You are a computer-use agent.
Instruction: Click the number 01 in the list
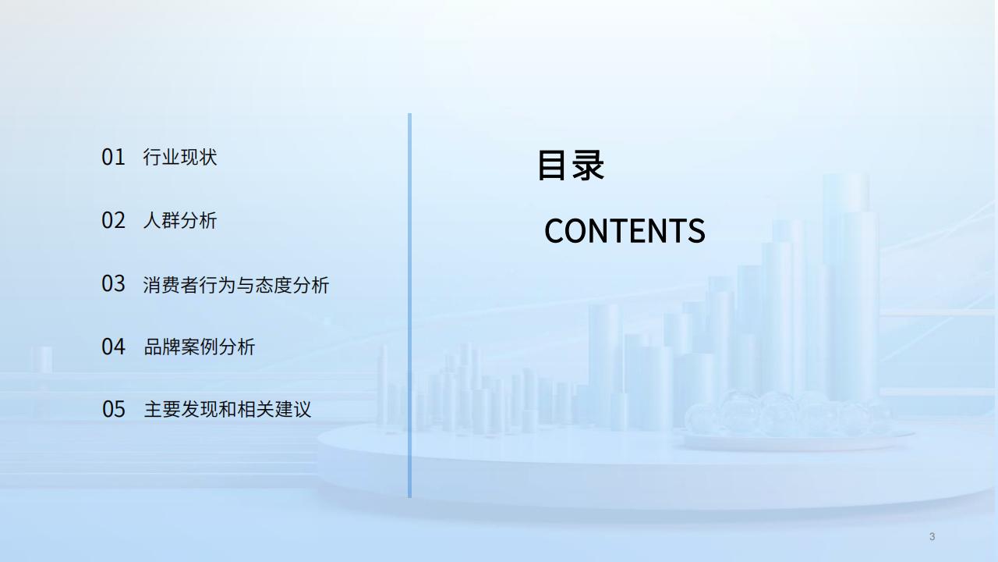coord(113,157)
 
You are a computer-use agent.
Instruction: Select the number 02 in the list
coord(113,220)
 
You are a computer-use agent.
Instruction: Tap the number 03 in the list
coord(113,283)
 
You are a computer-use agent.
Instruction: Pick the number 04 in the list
coord(113,347)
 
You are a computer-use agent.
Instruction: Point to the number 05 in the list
coord(114,409)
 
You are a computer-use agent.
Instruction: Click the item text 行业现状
coord(180,157)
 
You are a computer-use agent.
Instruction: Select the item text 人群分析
coord(180,220)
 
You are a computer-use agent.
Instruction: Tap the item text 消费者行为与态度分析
coord(236,285)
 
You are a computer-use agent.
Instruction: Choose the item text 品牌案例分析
coord(199,347)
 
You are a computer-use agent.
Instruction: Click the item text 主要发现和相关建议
coord(227,409)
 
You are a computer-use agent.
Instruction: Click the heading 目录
coord(571,165)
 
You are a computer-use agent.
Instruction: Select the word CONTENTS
coord(625,230)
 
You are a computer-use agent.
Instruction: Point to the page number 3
coord(932,536)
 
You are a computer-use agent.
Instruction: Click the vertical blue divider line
coord(409,305)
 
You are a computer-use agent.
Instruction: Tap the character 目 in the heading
coord(552,165)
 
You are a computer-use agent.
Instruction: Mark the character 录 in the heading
coord(588,165)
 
